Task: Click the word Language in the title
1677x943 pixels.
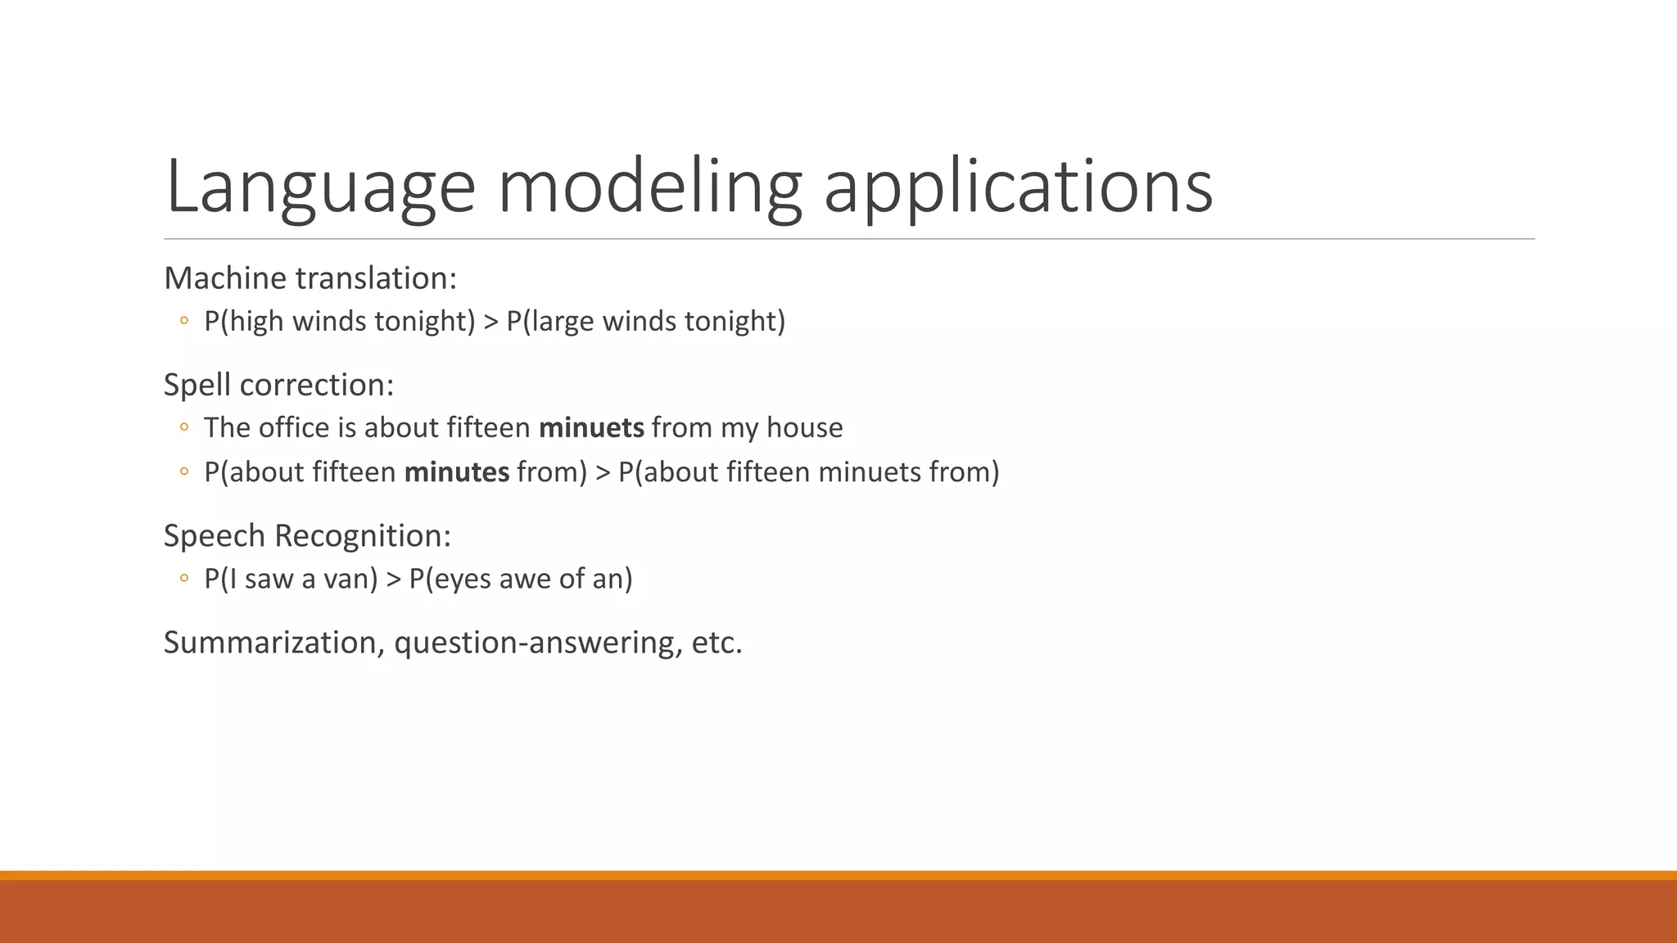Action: pos(319,187)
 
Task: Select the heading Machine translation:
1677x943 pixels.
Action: pos(310,278)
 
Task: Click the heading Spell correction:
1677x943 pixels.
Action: pos(278,385)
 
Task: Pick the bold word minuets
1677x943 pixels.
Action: pos(591,427)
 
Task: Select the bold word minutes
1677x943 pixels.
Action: pos(457,472)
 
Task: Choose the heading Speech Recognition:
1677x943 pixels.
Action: pos(307,535)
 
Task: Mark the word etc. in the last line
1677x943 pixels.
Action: pos(716,643)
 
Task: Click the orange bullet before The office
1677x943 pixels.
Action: pos(184,427)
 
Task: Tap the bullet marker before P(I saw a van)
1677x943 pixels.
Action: pos(184,579)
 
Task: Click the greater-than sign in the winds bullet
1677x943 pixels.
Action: pos(490,322)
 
